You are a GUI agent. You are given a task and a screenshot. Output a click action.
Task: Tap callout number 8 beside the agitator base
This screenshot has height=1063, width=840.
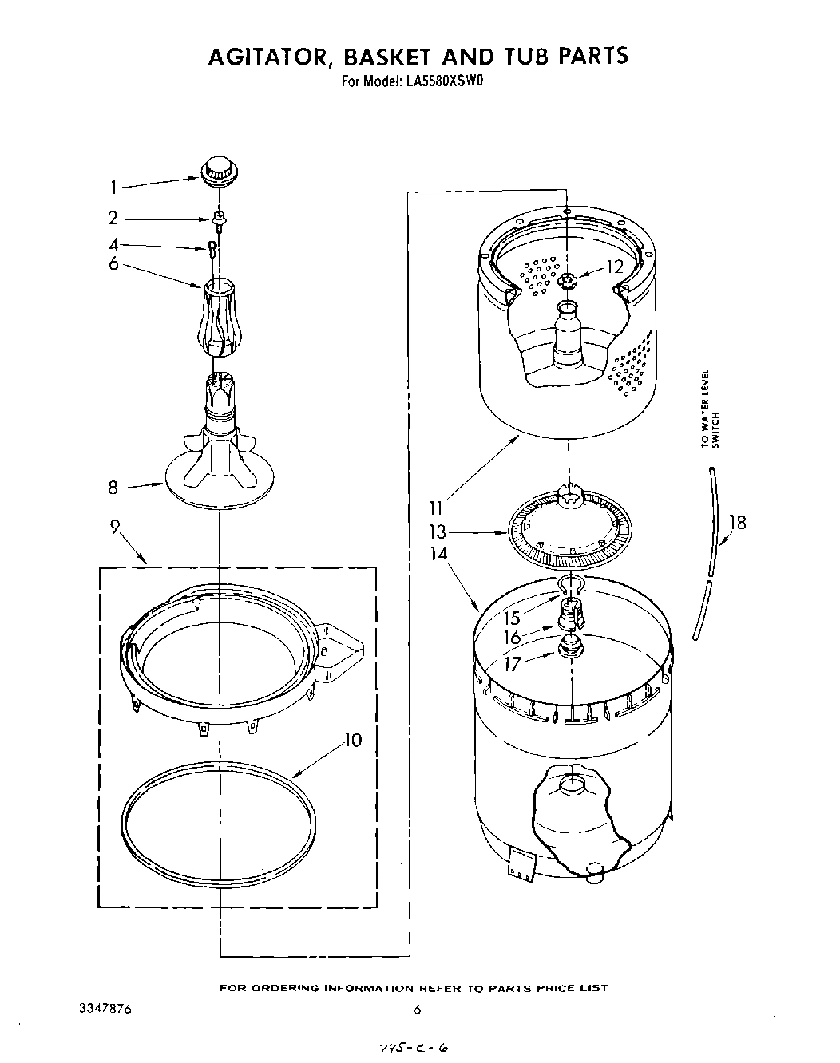tap(113, 486)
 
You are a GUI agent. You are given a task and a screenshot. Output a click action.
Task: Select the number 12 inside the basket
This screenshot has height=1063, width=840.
tap(614, 267)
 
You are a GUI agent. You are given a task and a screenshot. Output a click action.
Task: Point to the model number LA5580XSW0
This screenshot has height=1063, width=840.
tap(437, 80)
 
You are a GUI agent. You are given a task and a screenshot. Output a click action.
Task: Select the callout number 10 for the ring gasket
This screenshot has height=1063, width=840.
tap(352, 740)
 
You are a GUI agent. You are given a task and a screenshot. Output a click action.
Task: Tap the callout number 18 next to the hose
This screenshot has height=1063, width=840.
tap(739, 523)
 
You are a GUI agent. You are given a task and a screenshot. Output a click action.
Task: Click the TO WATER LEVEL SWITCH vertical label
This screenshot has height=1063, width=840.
tap(710, 409)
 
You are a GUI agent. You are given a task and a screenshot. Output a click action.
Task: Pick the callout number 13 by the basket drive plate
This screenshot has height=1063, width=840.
tap(437, 531)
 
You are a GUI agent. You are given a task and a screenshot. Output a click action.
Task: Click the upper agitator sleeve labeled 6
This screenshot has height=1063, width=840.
tap(220, 319)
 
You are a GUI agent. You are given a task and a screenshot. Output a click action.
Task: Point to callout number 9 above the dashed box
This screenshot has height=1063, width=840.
tap(115, 527)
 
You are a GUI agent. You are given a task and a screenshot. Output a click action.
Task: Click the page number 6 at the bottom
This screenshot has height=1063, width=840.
tap(417, 1009)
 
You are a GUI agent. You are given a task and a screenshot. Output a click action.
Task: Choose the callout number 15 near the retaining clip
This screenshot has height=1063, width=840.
tap(511, 617)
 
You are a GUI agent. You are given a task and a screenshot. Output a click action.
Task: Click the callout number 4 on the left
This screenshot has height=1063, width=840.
tap(114, 244)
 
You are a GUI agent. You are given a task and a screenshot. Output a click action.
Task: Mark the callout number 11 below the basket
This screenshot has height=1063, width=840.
tap(436, 506)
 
